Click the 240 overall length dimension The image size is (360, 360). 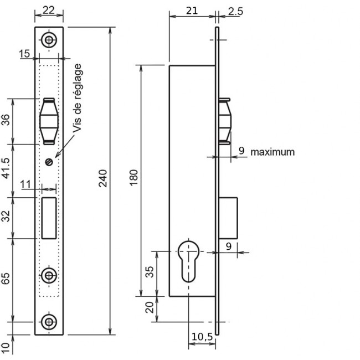pyautogui.click(x=103, y=178)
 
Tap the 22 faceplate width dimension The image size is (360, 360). pyautogui.click(x=49, y=10)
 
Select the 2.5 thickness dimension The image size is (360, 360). pyautogui.click(x=235, y=12)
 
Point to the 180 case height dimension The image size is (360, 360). pyautogui.click(x=133, y=177)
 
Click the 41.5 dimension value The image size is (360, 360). pyautogui.click(x=6, y=168)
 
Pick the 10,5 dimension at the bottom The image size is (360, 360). pyautogui.click(x=202, y=337)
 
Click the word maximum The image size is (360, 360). pyautogui.click(x=272, y=152)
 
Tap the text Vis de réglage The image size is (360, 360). pyautogui.click(x=78, y=98)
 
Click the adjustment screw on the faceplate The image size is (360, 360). pyautogui.click(x=49, y=162)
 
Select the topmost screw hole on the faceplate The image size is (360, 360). pyautogui.click(x=49, y=40)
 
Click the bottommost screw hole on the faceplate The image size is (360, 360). pyautogui.click(x=49, y=322)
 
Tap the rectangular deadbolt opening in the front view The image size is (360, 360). pyautogui.click(x=49, y=218)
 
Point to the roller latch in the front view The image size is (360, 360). pyautogui.click(x=49, y=121)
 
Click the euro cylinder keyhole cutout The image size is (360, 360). pyautogui.click(x=188, y=261)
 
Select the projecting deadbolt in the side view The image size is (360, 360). pyautogui.click(x=228, y=218)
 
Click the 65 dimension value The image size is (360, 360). pyautogui.click(x=6, y=279)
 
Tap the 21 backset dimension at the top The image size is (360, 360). pyautogui.click(x=192, y=11)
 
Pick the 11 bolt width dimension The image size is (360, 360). pyautogui.click(x=25, y=184)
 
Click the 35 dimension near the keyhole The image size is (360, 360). pyautogui.click(x=150, y=272)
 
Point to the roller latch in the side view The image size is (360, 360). pyautogui.click(x=225, y=121)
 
